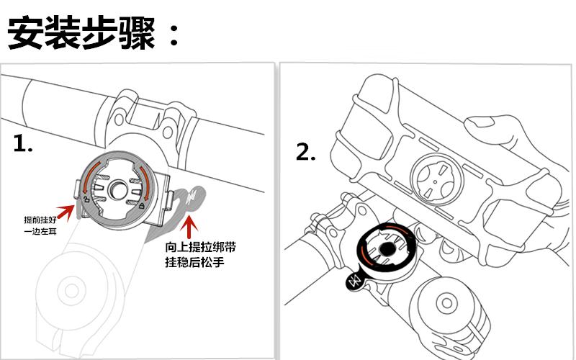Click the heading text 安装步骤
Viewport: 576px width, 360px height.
(81, 32)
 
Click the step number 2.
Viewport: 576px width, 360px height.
(307, 152)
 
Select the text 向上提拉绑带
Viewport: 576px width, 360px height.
(199, 247)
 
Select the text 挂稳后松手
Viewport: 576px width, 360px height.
(195, 263)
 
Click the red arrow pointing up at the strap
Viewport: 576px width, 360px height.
(189, 225)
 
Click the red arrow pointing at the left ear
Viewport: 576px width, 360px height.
(66, 211)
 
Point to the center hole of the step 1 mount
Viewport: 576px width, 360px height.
(118, 192)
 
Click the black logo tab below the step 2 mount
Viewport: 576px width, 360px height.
(354, 279)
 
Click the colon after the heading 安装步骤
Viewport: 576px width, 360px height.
(173, 34)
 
